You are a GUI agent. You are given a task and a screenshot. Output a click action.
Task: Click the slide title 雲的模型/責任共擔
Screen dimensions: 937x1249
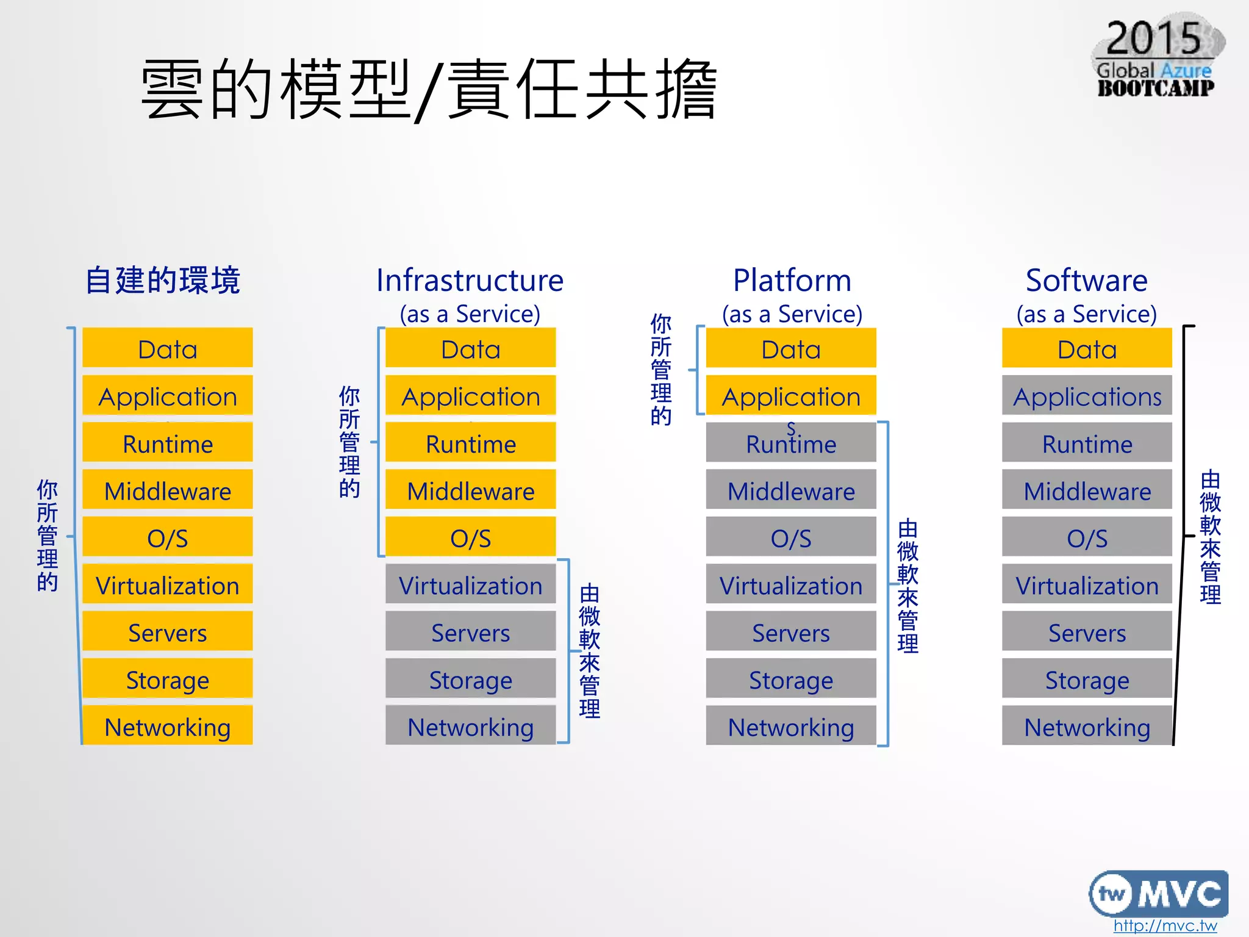coord(429,90)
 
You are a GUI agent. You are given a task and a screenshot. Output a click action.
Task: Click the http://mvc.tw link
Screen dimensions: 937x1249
coord(1165,925)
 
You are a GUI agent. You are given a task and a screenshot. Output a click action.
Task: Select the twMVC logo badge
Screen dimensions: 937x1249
coord(1158,893)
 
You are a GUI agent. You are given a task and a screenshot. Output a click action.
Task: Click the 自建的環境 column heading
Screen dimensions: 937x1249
coord(163,281)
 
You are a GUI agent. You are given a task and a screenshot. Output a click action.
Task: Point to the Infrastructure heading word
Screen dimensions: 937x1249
coord(470,281)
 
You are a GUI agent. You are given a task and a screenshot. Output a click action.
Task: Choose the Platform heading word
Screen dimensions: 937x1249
coord(792,281)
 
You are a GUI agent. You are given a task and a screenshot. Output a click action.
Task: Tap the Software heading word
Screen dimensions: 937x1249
coord(1086,281)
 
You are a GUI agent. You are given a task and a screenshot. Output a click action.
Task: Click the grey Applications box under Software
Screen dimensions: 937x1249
coord(1087,397)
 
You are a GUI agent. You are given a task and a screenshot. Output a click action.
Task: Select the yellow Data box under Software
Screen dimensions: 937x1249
coord(1087,349)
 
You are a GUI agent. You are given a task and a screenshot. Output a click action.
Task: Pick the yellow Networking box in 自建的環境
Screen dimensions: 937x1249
coord(168,727)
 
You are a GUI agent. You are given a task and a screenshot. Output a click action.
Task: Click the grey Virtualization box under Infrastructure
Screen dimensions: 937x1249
coord(470,585)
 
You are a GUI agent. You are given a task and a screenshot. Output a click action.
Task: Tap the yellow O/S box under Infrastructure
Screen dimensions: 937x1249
coord(470,537)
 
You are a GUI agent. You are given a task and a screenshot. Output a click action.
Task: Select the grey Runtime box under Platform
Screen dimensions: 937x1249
coord(791,443)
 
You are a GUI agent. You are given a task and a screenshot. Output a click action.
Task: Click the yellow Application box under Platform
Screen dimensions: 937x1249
coord(791,396)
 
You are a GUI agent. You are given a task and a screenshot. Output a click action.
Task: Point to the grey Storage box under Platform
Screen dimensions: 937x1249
coord(791,680)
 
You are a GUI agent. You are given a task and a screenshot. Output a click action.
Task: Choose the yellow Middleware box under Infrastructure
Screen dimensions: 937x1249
coord(470,490)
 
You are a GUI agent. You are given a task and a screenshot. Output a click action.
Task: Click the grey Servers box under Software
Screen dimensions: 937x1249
coord(1087,633)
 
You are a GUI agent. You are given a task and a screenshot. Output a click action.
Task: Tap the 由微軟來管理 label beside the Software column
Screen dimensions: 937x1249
coord(1210,537)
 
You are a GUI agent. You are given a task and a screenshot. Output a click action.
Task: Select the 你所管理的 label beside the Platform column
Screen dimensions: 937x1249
coord(661,370)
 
